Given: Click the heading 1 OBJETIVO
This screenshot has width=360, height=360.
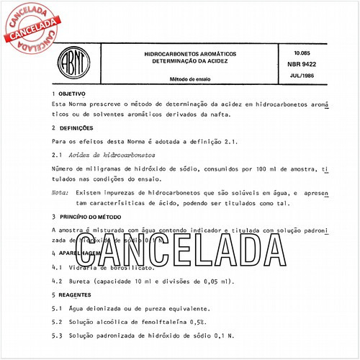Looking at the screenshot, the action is pyautogui.click(x=70, y=94).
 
